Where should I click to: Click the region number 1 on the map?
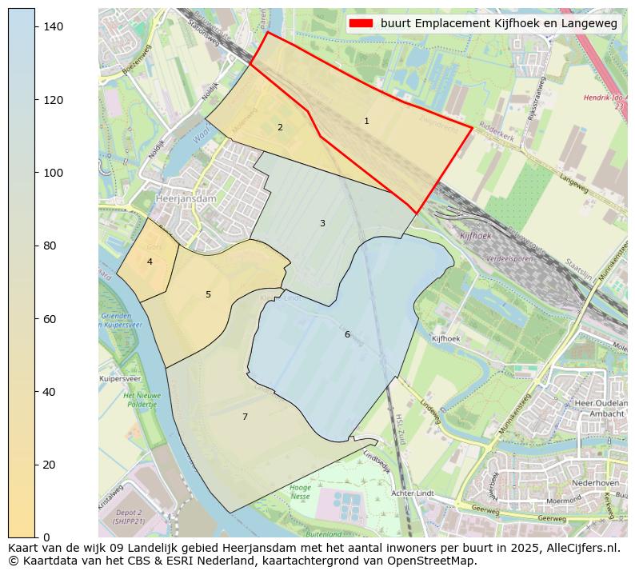[366, 122]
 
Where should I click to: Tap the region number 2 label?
[280, 128]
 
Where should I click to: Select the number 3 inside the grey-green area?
[322, 224]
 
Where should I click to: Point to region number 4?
[150, 262]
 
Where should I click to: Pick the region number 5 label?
[208, 295]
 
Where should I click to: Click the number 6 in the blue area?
[347, 335]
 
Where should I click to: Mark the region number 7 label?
[245, 417]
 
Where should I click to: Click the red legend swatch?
[361, 24]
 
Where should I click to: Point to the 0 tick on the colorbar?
[48, 537]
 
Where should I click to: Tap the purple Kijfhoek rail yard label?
[475, 236]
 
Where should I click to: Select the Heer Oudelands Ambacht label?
[600, 409]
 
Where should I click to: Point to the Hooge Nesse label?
[300, 492]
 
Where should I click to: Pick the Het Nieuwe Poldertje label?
[142, 400]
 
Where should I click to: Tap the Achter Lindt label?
[412, 493]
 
